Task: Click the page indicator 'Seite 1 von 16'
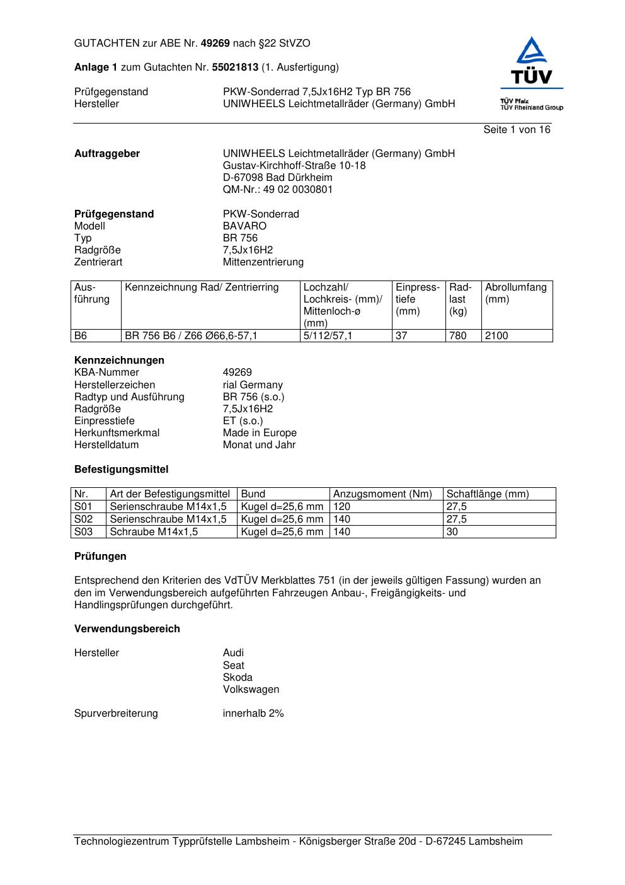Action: pos(517,130)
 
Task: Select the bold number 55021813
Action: pos(235,67)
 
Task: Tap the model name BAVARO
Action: pos(244,226)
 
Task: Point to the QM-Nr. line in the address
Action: pos(277,190)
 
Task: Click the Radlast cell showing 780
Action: pos(458,336)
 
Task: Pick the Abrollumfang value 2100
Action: pos(496,336)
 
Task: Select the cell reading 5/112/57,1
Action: pos(328,336)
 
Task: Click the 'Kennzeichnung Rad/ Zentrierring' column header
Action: pos(202,288)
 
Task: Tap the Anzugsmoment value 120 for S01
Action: pos(341,507)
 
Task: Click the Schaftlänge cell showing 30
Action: pos(452,532)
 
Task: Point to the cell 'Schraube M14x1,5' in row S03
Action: pos(154,532)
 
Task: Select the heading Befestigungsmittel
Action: pos(121,470)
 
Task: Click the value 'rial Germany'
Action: pos(253,385)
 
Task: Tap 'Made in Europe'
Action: pos(260,433)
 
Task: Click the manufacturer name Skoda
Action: pos(238,678)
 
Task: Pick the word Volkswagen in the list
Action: pos(251,690)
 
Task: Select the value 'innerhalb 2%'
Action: pos(253,714)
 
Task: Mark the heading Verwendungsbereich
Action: pos(127,629)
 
